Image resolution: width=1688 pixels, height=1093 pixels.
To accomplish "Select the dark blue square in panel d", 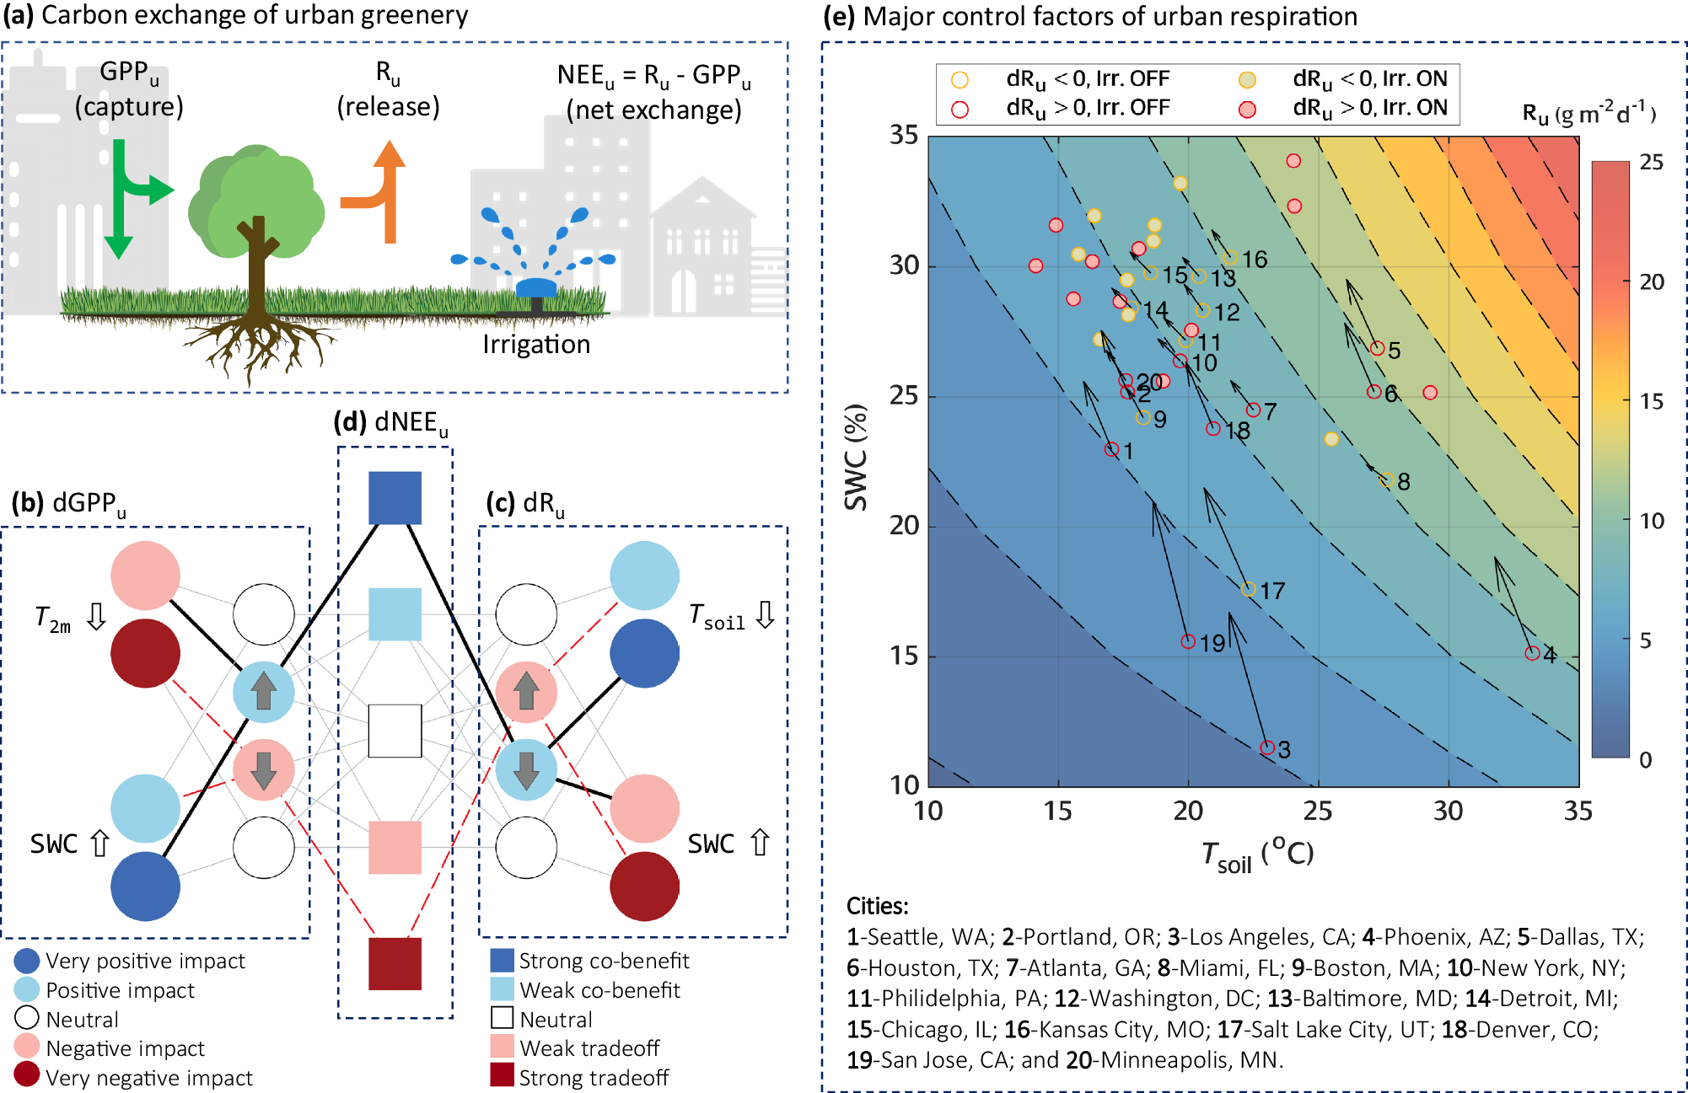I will point(395,497).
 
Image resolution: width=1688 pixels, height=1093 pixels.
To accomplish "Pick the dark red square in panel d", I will point(395,963).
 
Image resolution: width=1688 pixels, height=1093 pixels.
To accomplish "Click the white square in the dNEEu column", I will point(395,731).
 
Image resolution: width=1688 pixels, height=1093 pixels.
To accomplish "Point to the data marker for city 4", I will point(1532,653).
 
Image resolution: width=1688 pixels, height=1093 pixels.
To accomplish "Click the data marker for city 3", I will point(1266,747).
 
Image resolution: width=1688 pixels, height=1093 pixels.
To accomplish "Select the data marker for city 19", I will point(1188,641).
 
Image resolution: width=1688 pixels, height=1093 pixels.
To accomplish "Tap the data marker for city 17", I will point(1249,589).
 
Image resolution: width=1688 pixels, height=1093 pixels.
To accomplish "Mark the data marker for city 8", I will point(1386,480).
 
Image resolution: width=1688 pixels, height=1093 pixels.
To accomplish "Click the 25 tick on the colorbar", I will point(1651,163).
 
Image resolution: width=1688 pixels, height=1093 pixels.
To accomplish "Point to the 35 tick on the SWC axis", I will point(903,136).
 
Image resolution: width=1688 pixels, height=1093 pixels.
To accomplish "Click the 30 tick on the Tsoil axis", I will point(1448,811).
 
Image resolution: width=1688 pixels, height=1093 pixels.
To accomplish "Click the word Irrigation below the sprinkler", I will point(536,344).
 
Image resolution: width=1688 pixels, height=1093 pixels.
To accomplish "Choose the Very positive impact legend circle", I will point(27,961).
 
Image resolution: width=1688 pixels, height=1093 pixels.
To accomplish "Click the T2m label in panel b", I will point(53,619).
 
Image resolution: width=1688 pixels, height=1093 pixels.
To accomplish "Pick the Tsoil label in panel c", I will point(718,616).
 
